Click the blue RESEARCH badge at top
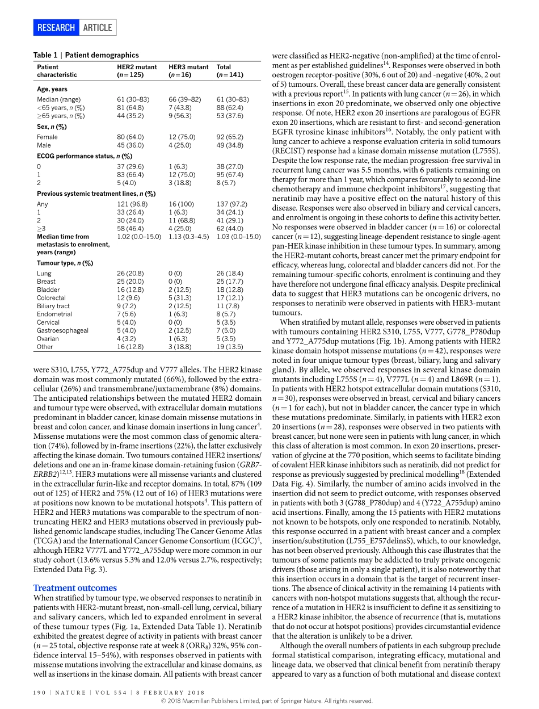56,27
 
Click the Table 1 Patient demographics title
86,55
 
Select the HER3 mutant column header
188,70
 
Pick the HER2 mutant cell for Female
130,137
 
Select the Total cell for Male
229,145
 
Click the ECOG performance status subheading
85,156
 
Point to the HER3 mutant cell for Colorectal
181,297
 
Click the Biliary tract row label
53,306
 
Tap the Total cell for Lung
229,273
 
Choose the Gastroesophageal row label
62,330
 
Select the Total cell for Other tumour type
229,346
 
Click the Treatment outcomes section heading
75,588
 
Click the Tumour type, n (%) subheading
65,263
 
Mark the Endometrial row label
54,314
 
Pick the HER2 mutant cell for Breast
130,281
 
